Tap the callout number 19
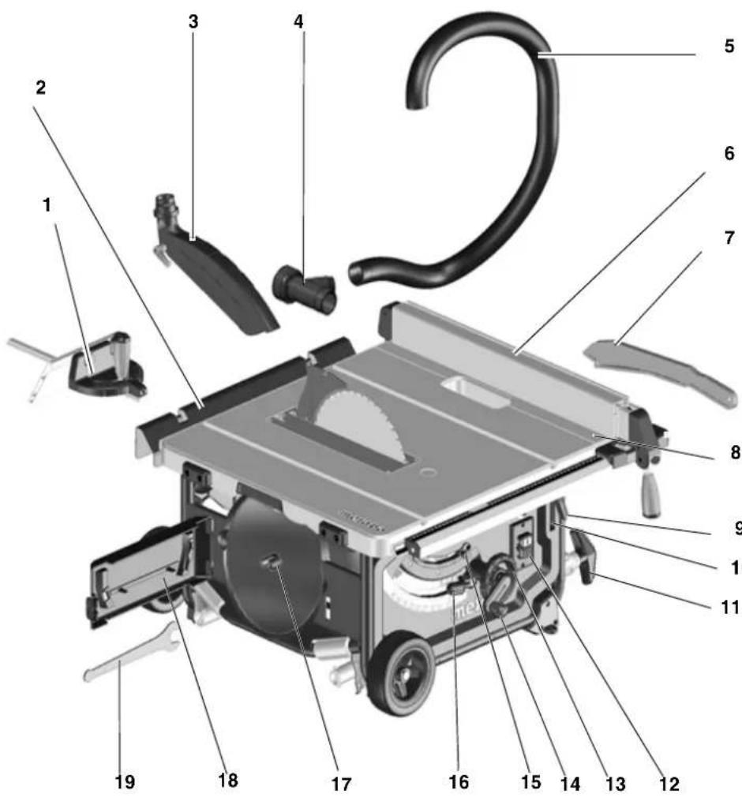124,782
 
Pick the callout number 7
728,238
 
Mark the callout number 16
458,782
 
